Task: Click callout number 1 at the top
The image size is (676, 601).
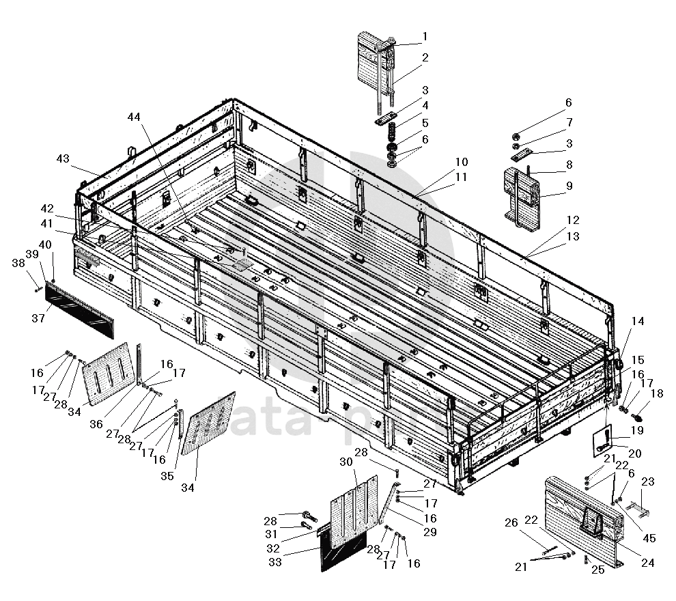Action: (425, 36)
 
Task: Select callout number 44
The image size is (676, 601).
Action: (135, 117)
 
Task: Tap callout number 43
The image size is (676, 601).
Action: (63, 158)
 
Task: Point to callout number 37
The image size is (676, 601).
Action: (38, 318)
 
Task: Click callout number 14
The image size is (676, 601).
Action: (637, 322)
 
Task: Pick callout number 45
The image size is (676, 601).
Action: (649, 538)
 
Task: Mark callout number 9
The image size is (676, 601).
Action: (569, 185)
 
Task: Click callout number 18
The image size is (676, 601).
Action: (657, 393)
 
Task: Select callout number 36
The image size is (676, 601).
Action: (96, 424)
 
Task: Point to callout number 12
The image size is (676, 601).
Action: (572, 220)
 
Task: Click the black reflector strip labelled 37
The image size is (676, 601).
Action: (79, 311)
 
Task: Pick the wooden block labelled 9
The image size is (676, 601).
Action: (522, 195)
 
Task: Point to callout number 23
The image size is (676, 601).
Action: (647, 481)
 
